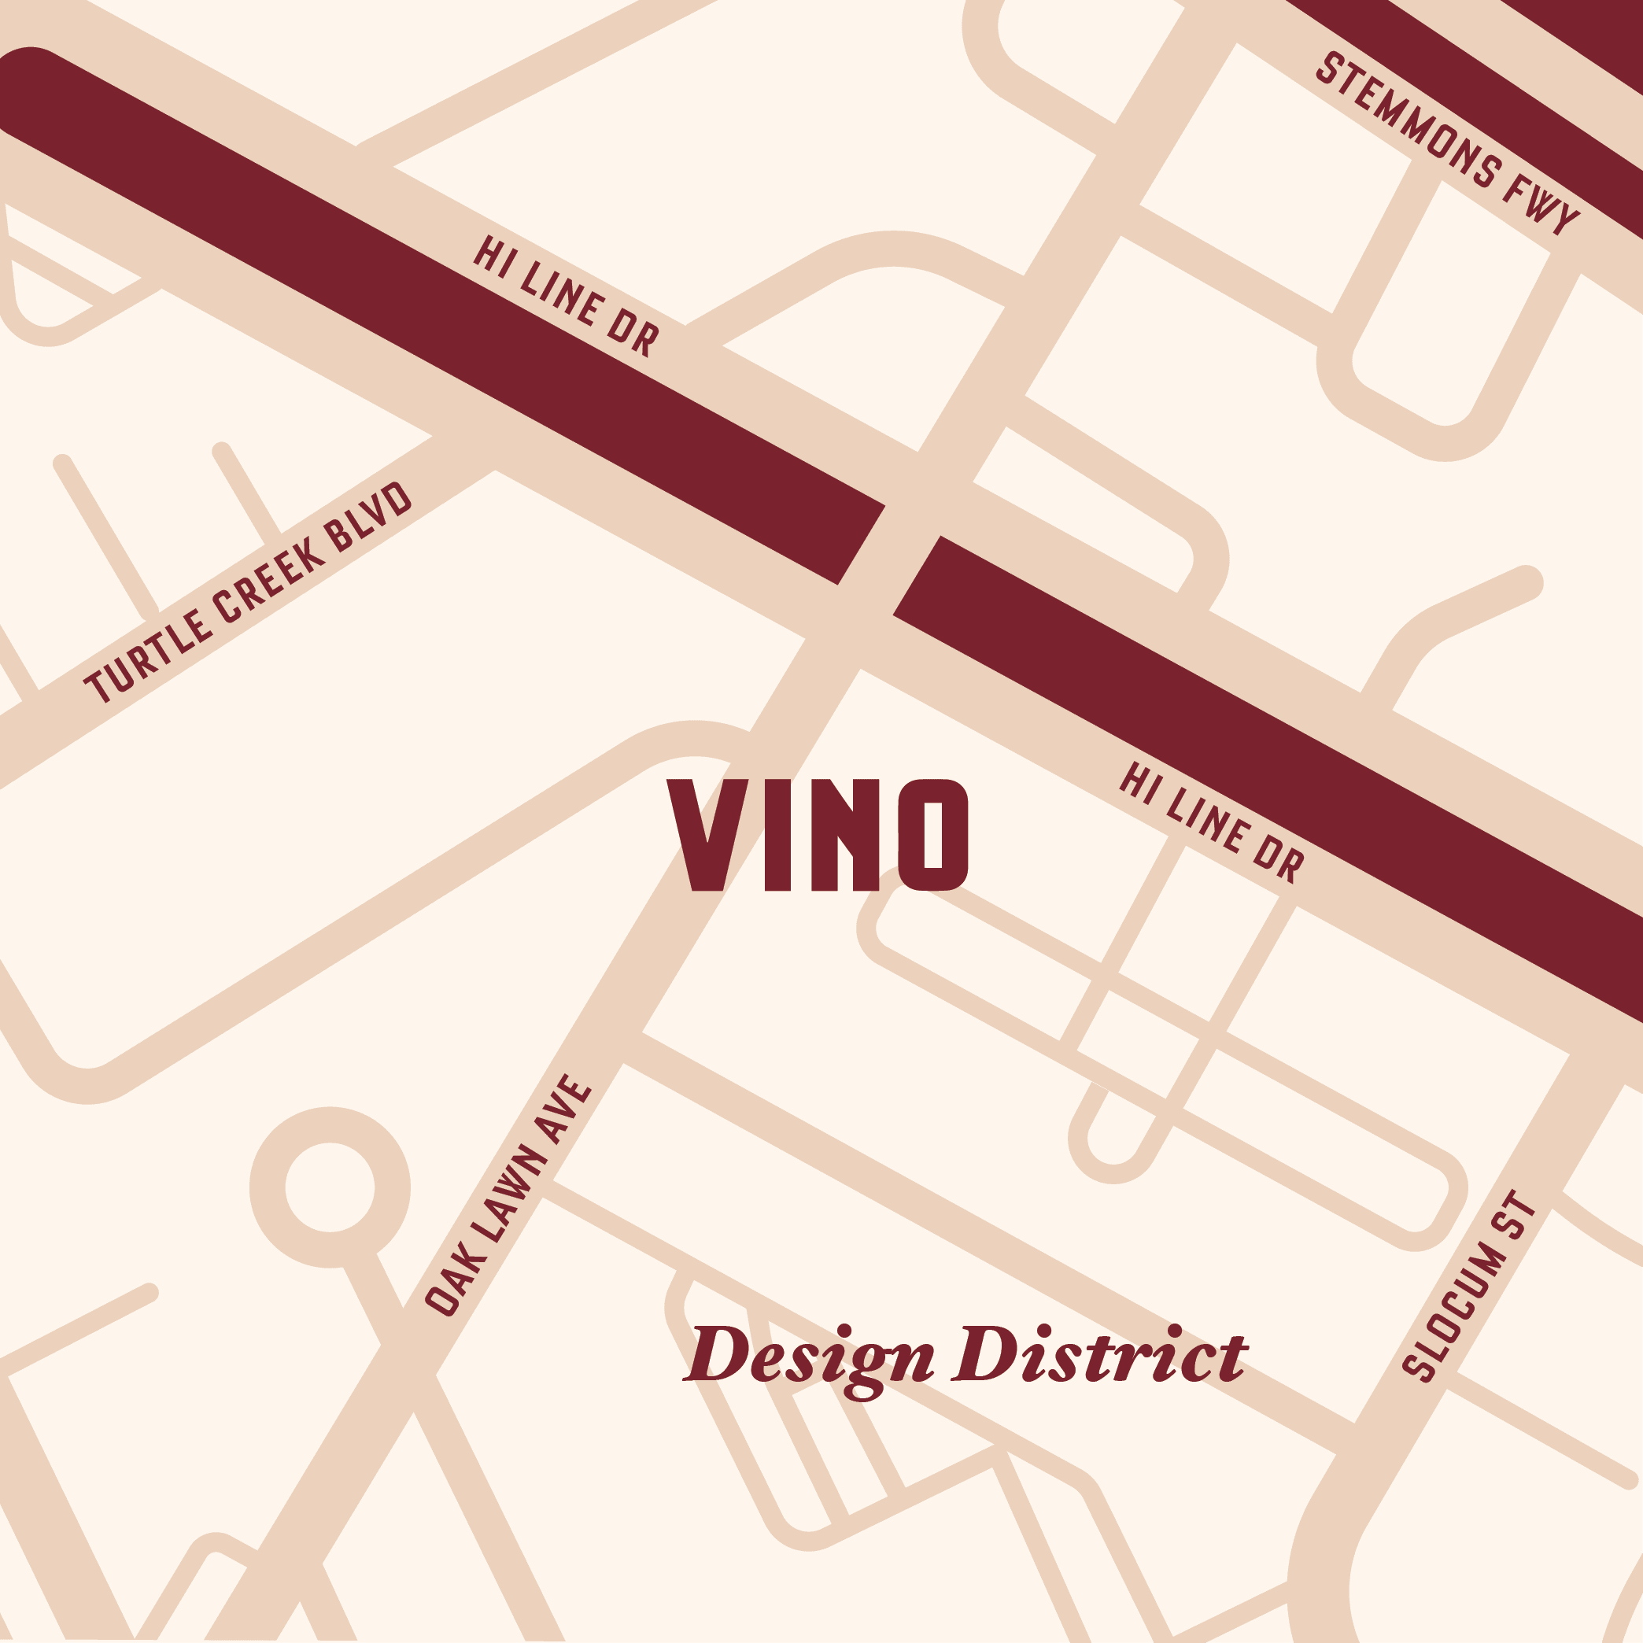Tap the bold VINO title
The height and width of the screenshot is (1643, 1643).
pyautogui.click(x=818, y=835)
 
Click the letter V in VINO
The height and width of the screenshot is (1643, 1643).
pyautogui.click(x=707, y=835)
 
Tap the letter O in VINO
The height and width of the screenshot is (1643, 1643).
pyautogui.click(x=933, y=835)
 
